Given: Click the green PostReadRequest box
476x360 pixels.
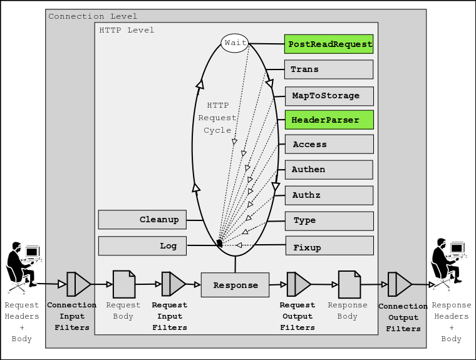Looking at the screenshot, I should coord(329,44).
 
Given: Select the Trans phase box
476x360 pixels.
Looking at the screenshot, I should coord(329,69).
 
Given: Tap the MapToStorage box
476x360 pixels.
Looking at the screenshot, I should coord(329,96).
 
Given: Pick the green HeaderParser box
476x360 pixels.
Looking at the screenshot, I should coord(329,120).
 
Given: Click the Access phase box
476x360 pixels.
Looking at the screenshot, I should coord(329,145).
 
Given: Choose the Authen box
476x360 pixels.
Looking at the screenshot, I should coord(329,170).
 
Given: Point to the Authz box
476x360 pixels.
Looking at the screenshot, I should coord(329,195).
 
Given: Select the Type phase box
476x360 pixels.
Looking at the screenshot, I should coord(329,220).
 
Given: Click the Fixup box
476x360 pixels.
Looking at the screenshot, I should coord(329,246).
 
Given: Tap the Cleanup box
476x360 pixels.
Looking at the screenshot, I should coord(142,220).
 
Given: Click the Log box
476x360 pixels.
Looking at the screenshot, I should coord(142,246).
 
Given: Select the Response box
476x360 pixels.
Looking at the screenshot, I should coord(235,285).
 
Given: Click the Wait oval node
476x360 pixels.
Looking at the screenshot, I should coord(235,43).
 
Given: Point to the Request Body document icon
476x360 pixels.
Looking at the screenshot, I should coord(123,284).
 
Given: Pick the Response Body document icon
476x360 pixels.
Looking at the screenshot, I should coord(349,284).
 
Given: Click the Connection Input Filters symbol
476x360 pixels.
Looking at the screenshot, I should coord(78,284).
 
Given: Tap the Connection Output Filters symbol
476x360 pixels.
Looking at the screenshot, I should coord(399,284).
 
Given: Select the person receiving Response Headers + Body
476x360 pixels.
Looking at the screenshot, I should coord(448,263).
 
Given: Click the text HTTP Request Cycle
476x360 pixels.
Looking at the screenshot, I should coord(217,118).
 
